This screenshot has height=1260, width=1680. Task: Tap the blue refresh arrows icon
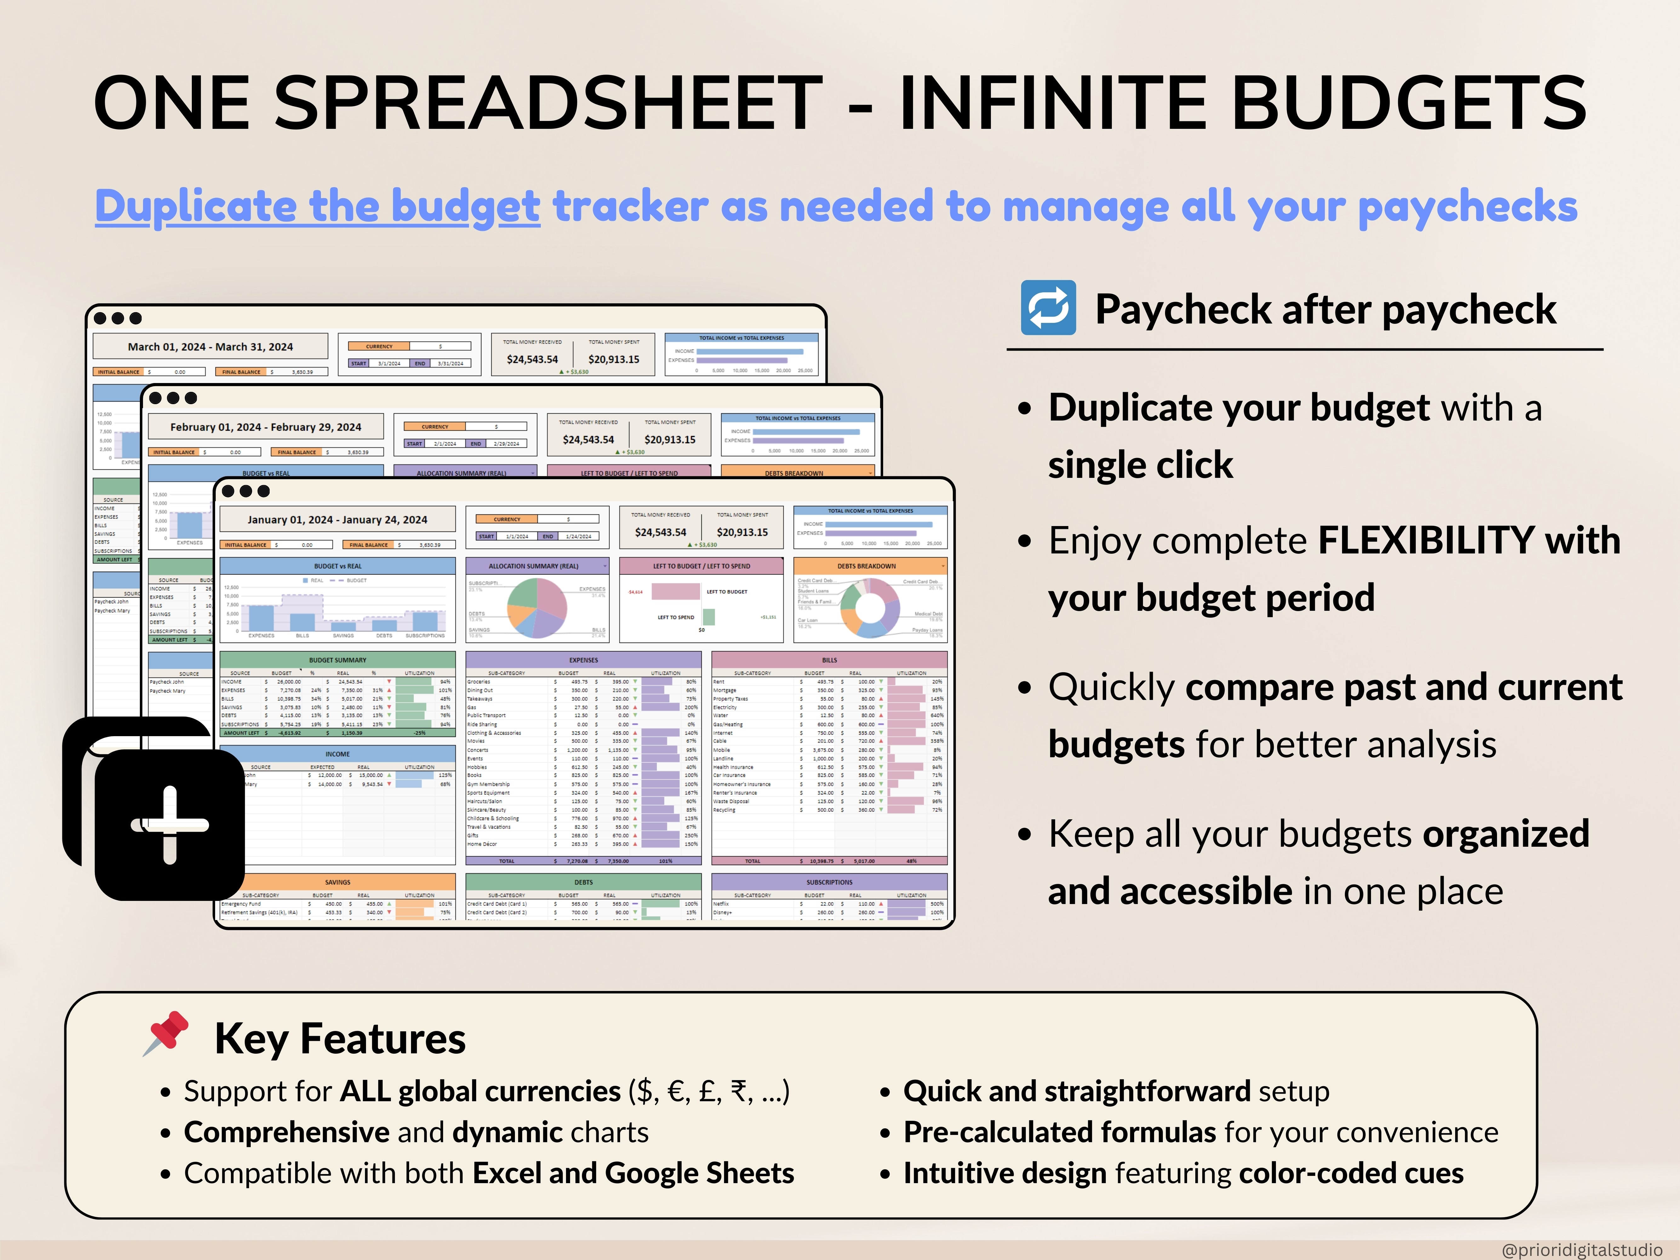pos(1048,307)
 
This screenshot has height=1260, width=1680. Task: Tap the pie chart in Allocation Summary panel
pos(537,608)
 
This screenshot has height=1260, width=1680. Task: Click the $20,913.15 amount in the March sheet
pos(614,359)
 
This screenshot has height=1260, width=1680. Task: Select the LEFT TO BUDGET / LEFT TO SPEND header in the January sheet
pos(701,566)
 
